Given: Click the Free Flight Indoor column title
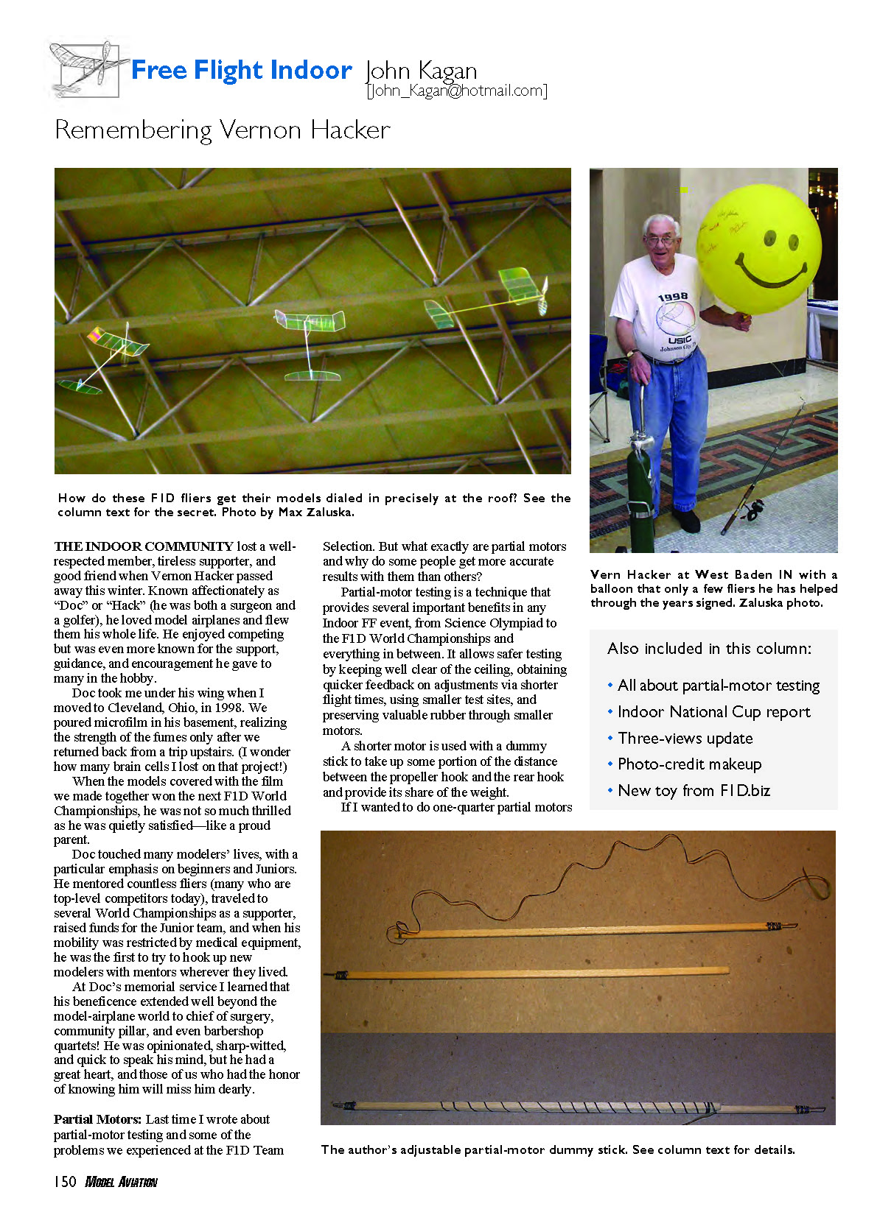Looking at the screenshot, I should [x=241, y=71].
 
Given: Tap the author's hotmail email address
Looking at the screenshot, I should [x=457, y=91].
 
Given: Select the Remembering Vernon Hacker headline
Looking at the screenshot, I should [x=222, y=130].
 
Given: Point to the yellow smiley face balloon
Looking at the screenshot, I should [x=759, y=247].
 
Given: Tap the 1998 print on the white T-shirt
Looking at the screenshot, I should [x=672, y=297].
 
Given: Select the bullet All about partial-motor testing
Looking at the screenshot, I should [x=718, y=686].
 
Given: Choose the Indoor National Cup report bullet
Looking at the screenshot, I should [x=713, y=712].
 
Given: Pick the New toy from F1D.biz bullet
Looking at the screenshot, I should [x=694, y=791].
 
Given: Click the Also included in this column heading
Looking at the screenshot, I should [x=709, y=649].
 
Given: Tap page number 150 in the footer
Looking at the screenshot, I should [x=65, y=1182].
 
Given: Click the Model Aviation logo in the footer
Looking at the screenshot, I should [x=122, y=1183].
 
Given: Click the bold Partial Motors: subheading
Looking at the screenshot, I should [x=97, y=1119].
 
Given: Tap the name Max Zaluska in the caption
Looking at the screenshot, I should [x=315, y=513].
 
